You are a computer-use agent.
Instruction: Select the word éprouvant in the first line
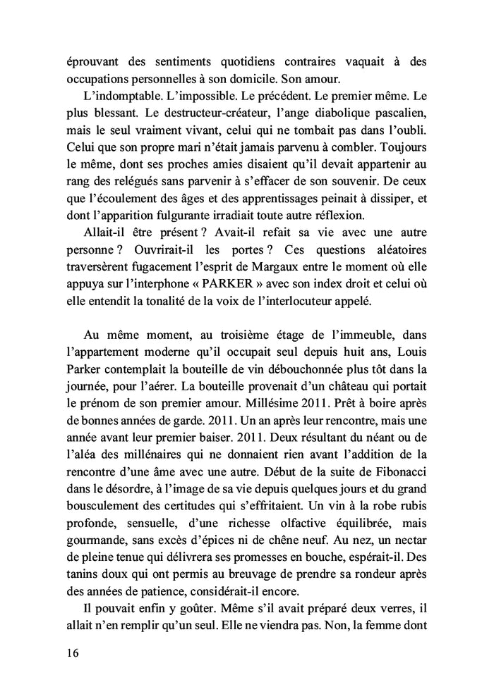pyautogui.click(x=85, y=62)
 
